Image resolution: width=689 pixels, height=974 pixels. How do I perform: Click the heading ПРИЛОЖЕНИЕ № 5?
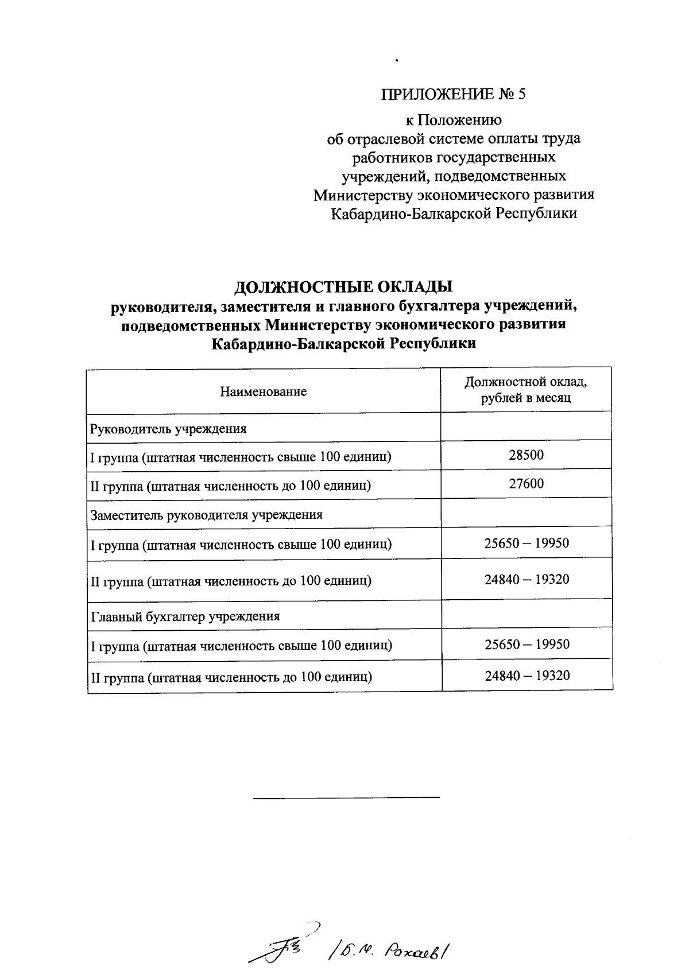(453, 94)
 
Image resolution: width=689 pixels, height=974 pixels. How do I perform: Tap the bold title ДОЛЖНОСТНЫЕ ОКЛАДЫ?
(344, 286)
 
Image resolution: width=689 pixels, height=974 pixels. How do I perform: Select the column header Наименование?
(264, 391)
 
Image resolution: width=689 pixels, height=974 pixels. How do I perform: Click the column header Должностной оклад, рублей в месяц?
(525, 390)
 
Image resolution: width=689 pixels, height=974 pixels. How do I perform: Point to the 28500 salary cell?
(526, 455)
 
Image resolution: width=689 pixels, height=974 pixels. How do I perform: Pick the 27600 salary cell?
(526, 484)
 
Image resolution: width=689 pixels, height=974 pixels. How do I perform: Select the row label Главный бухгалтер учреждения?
(185, 616)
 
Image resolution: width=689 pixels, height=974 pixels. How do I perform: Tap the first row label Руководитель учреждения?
(169, 429)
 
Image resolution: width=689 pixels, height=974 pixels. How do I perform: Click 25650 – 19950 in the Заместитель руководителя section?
(527, 543)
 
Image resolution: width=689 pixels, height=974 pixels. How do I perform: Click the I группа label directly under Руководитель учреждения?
(241, 457)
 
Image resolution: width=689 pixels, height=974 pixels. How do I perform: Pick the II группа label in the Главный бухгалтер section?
(231, 677)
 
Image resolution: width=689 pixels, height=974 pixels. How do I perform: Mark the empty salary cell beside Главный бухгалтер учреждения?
(527, 614)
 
